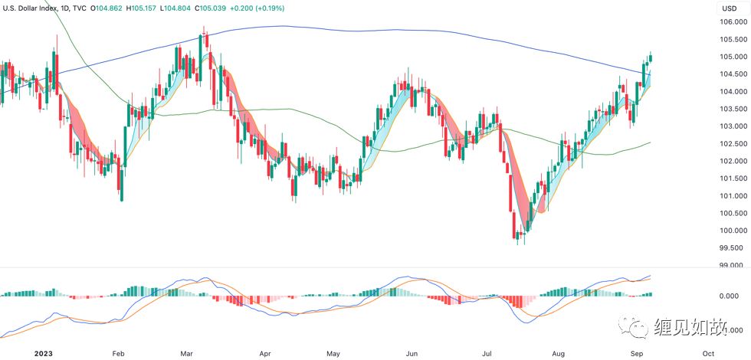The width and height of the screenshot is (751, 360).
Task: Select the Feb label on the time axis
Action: click(118, 354)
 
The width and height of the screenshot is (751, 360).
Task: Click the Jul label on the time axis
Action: click(487, 354)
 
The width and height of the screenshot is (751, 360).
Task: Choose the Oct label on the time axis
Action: click(708, 354)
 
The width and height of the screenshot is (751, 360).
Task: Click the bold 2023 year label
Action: click(15, 354)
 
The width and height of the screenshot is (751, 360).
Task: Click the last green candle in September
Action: click(650, 58)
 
